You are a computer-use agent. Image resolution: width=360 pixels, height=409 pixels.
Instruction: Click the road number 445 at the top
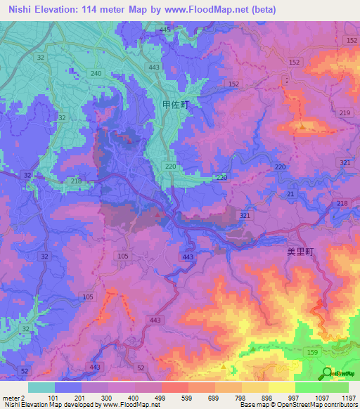click(x=165, y=30)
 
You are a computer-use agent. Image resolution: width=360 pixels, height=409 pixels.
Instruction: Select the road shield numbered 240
click(x=96, y=74)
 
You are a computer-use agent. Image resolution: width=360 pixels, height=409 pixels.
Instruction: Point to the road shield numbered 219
click(x=344, y=113)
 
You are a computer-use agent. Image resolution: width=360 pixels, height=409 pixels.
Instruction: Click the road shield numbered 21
click(x=290, y=193)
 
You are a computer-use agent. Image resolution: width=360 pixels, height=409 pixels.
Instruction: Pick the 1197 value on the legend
click(x=349, y=397)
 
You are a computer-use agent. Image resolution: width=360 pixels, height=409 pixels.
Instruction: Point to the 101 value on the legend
click(x=54, y=397)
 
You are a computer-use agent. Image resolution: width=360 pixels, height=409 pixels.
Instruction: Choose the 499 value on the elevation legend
click(x=161, y=397)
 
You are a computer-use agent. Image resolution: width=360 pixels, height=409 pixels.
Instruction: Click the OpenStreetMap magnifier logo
click(x=326, y=372)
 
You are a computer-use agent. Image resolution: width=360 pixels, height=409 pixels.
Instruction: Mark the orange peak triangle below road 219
click(x=302, y=126)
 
